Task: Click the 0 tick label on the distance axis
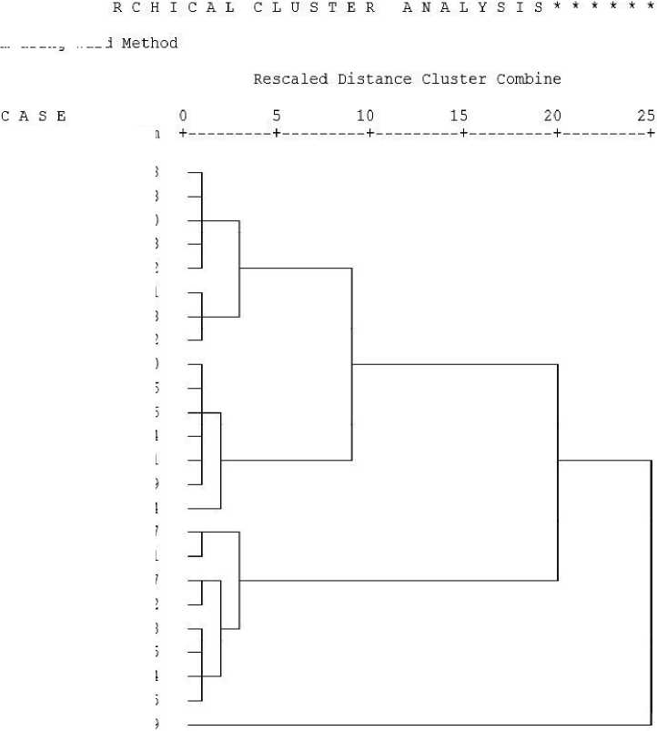[x=183, y=116]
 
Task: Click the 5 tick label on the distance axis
[x=277, y=116]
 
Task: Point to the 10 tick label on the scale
[x=366, y=116]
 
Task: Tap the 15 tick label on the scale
[x=460, y=116]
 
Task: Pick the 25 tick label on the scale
[x=646, y=116]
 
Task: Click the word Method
[x=149, y=43]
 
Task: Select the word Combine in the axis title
[x=529, y=79]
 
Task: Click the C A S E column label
[x=35, y=116]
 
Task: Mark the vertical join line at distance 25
[x=651, y=592]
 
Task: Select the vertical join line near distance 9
[x=352, y=364]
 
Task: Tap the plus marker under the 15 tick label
[x=463, y=133]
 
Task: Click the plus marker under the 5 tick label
[x=276, y=133]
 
